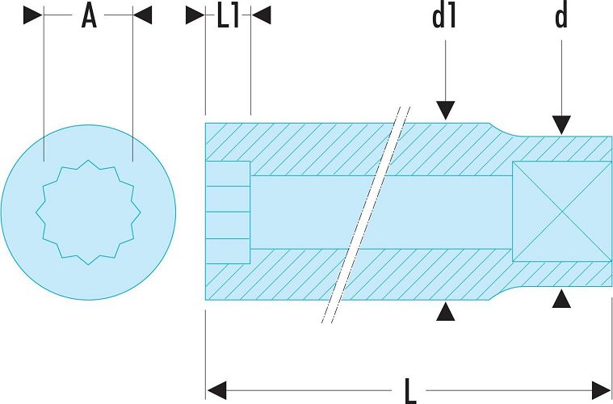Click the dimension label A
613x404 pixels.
tap(89, 16)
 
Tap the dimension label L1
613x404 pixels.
tap(228, 17)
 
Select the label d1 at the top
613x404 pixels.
tap(445, 17)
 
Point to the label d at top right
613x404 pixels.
tap(561, 17)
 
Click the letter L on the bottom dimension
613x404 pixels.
tap(409, 390)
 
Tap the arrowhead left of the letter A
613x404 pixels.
tap(33, 15)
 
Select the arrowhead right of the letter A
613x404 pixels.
tap(142, 15)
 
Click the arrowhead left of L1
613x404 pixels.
tap(195, 15)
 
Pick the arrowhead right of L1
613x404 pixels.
tap(261, 15)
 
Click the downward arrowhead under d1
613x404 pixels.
tap(445, 110)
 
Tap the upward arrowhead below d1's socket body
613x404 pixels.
tap(445, 311)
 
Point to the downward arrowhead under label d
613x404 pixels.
tap(561, 125)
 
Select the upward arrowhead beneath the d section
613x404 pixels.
tap(561, 298)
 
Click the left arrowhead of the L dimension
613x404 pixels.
tap(216, 390)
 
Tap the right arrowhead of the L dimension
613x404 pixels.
tap(602, 390)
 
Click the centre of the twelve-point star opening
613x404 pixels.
tap(88, 213)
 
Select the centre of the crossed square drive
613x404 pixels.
tap(562, 211)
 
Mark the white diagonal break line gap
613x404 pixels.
tap(366, 215)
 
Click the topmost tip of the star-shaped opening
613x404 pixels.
tap(88, 160)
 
